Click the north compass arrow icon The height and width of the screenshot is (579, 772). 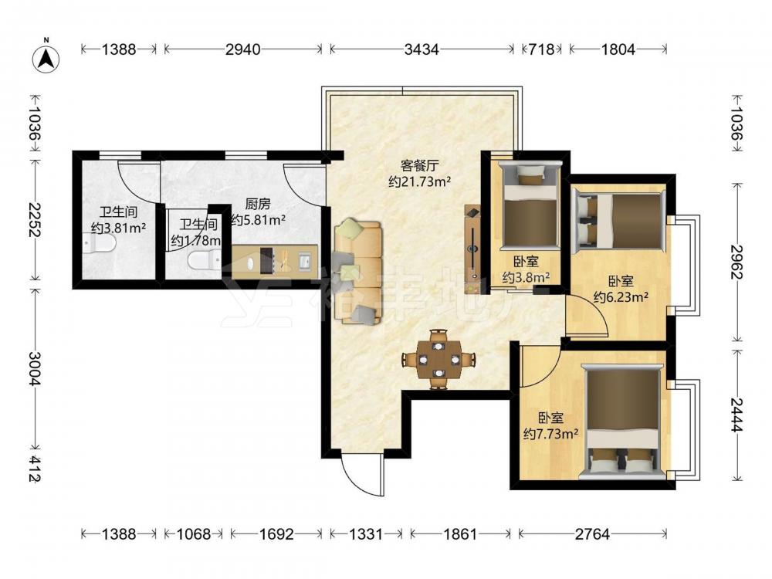(x=46, y=59)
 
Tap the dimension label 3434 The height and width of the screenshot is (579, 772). (x=422, y=49)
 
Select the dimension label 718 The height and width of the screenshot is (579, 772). (x=542, y=49)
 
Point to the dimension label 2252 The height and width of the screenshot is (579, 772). (x=34, y=219)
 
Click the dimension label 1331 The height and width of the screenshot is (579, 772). (x=366, y=533)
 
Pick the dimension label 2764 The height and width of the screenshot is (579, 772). (x=592, y=533)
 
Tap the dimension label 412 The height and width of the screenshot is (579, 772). (x=34, y=468)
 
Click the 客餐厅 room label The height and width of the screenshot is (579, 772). (x=419, y=165)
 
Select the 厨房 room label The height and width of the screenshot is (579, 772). (x=258, y=203)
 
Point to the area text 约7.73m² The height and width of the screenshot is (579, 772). (x=550, y=434)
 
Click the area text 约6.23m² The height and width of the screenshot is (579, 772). (x=621, y=297)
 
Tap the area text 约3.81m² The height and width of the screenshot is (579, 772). (x=119, y=228)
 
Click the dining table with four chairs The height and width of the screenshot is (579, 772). (x=438, y=359)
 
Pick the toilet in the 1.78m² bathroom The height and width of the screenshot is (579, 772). (x=205, y=259)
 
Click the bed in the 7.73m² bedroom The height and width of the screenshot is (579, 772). (x=621, y=422)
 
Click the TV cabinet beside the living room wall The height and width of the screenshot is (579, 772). (x=472, y=249)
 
